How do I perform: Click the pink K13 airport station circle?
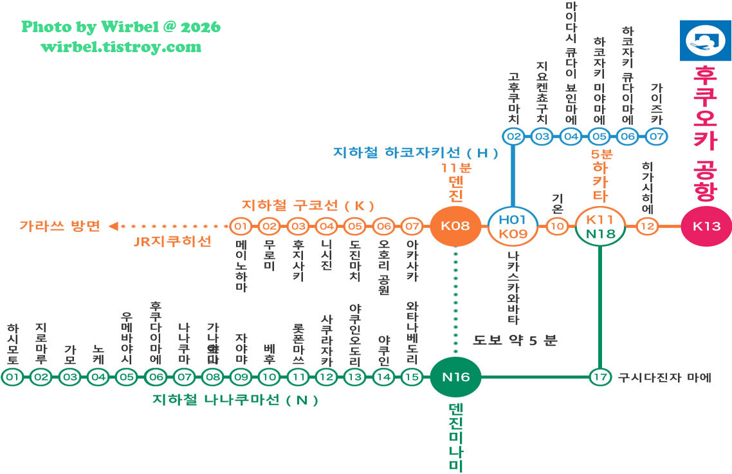pyautogui.click(x=706, y=226)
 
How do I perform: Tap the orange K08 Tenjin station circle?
pyautogui.click(x=455, y=226)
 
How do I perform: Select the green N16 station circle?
pyautogui.click(x=455, y=377)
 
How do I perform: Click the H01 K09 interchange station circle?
pyautogui.click(x=513, y=226)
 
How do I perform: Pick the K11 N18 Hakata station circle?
pyautogui.click(x=599, y=226)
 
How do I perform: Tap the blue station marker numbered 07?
pyautogui.click(x=656, y=137)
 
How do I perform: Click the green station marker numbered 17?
pyautogui.click(x=600, y=377)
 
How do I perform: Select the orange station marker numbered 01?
pyautogui.click(x=240, y=226)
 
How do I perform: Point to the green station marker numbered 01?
pyautogui.click(x=12, y=377)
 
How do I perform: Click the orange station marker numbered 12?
pyautogui.click(x=647, y=226)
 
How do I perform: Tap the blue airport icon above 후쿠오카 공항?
pyautogui.click(x=705, y=41)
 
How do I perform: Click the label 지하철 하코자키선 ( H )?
pyautogui.click(x=416, y=153)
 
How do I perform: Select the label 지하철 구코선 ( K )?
pyautogui.click(x=307, y=206)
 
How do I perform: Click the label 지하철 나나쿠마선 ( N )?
pyautogui.click(x=235, y=400)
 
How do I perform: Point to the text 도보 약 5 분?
pyautogui.click(x=515, y=341)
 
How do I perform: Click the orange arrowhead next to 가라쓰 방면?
pyautogui.click(x=113, y=226)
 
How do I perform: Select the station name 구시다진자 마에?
pyautogui.click(x=664, y=377)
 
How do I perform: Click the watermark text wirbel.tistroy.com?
pyautogui.click(x=121, y=47)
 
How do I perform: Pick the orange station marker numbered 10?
pyautogui.click(x=557, y=226)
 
